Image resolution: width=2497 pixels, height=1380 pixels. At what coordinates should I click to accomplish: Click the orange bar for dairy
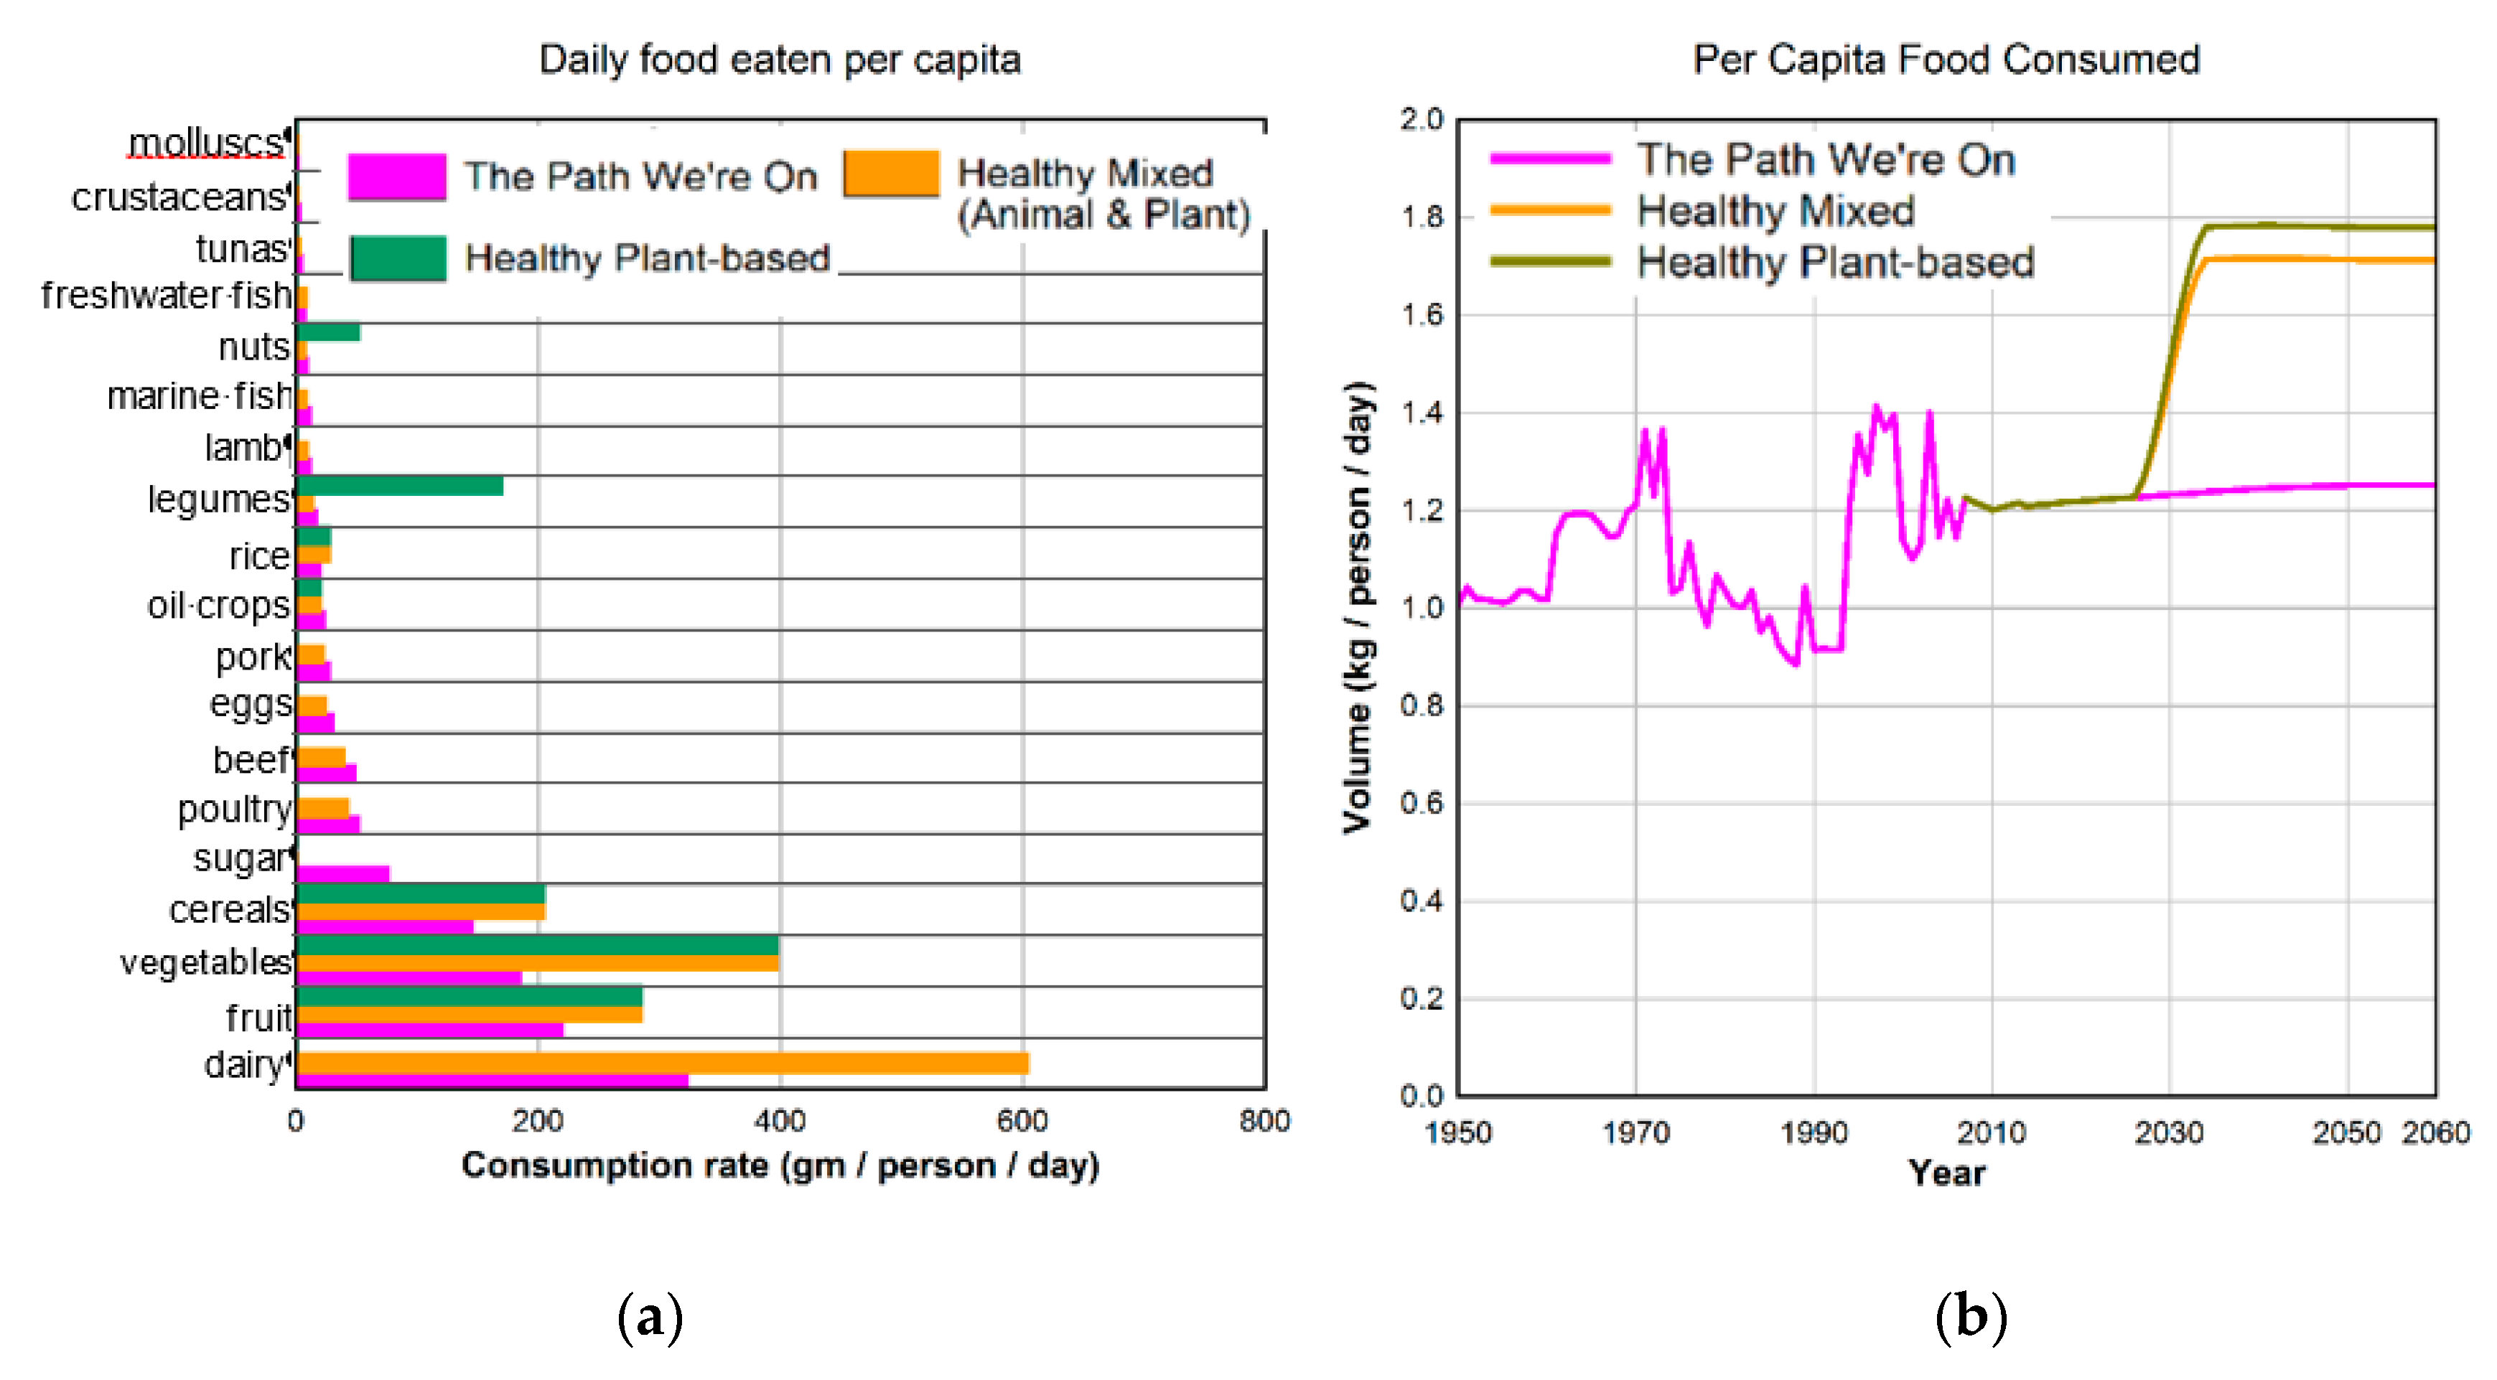coord(662,1063)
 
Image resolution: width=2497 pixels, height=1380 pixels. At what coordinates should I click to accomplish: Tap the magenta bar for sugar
coord(342,873)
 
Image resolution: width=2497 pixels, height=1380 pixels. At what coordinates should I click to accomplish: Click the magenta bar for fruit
coord(429,1029)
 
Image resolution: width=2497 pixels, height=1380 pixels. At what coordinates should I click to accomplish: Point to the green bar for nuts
coord(327,332)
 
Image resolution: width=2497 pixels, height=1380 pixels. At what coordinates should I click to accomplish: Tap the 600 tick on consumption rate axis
coord(1022,1121)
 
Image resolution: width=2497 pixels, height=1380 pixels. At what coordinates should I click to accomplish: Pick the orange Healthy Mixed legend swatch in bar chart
coord(891,174)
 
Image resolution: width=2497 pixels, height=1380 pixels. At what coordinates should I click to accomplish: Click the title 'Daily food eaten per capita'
coord(780,60)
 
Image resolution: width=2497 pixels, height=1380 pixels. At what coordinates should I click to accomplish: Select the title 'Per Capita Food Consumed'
coord(1946,60)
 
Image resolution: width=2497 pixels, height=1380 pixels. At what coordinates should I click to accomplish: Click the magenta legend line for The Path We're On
coord(1550,159)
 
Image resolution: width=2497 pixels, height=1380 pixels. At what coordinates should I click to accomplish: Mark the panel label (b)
coord(1970,1316)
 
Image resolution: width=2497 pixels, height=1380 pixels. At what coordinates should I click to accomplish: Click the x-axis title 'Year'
coord(1946,1173)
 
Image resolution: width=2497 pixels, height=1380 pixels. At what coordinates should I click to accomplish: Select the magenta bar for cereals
coord(384,926)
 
